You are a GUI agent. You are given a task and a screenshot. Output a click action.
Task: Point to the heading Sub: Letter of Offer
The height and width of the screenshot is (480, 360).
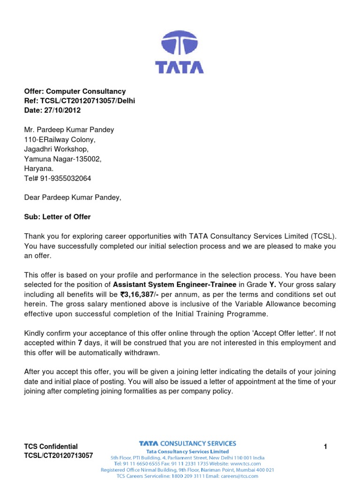pyautogui.click(x=57, y=217)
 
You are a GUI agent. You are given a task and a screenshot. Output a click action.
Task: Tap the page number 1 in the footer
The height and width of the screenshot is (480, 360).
pyautogui.click(x=325, y=447)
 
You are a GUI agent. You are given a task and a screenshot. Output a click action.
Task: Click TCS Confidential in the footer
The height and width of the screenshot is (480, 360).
pyautogui.click(x=51, y=446)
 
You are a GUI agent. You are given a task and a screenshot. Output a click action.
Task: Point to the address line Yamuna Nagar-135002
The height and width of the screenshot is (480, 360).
pyautogui.click(x=63, y=159)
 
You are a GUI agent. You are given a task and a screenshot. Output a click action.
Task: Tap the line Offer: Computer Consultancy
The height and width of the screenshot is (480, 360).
pyautogui.click(x=75, y=91)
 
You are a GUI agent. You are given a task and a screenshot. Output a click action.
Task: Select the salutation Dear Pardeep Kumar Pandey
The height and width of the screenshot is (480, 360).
pyautogui.click(x=73, y=197)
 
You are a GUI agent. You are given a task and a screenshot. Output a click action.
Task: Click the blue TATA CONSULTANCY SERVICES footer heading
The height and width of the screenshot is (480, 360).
pyautogui.click(x=187, y=443)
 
